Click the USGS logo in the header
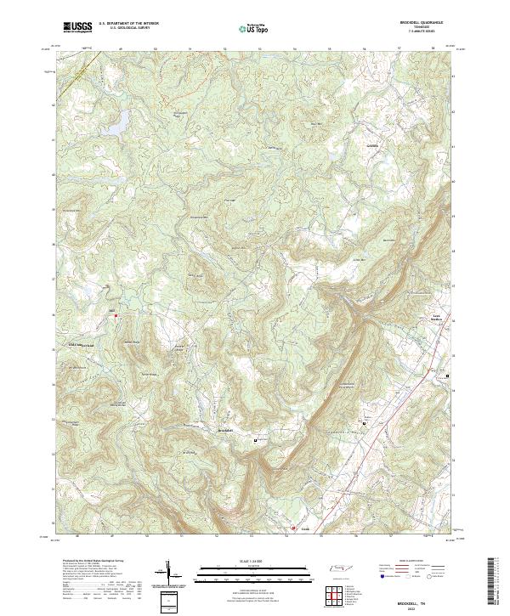coord(78,27)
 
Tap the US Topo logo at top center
coord(254,29)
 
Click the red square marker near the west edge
coord(116,316)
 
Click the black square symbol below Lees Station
coord(448,373)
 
